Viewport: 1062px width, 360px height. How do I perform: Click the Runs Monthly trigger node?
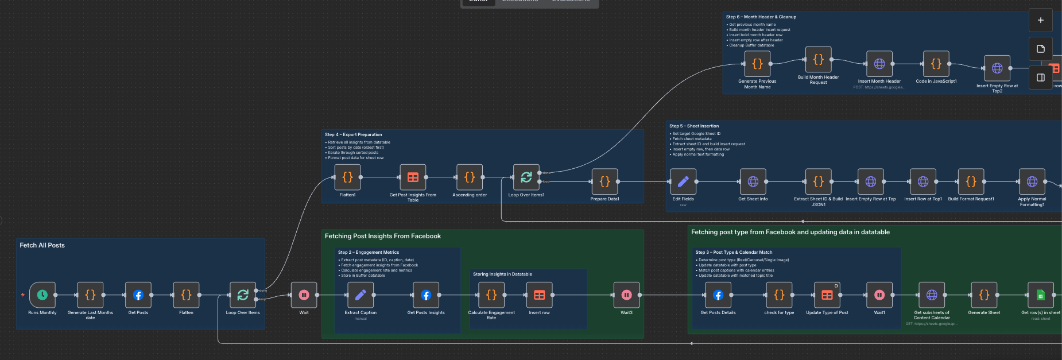point(42,295)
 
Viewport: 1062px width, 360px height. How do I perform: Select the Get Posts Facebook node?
point(138,295)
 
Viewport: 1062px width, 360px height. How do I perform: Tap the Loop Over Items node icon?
point(243,295)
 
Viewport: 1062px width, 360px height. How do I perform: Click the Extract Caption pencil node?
point(361,295)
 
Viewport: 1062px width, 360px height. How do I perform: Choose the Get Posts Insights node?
point(426,295)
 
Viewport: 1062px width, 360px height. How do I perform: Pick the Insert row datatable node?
point(539,295)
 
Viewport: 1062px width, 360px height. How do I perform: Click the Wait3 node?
point(626,295)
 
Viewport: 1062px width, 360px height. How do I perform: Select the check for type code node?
point(779,295)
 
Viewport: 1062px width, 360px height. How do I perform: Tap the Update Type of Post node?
point(827,295)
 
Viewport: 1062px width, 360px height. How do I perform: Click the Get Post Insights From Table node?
point(413,177)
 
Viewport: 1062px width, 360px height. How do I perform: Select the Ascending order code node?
point(470,177)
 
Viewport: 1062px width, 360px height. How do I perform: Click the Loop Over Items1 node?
point(526,177)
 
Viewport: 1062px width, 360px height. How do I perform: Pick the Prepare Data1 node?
point(604,181)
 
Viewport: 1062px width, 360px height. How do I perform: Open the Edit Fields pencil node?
point(683,181)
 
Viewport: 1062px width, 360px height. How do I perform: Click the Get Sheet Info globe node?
point(753,181)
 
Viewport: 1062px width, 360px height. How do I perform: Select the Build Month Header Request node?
point(819,60)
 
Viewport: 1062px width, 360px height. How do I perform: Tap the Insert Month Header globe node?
point(879,64)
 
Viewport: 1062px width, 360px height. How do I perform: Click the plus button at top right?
point(1041,20)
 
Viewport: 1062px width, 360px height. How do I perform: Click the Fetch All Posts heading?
point(42,245)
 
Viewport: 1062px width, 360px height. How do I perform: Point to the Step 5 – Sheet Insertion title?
point(693,126)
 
